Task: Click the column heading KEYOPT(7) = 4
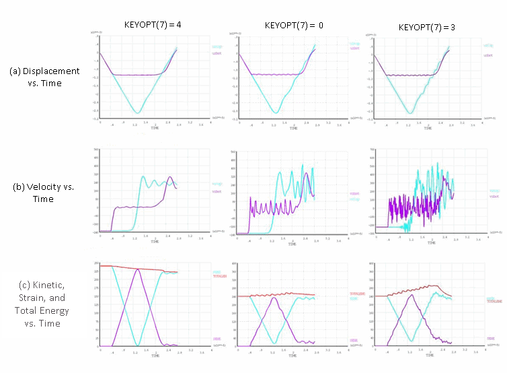click(153, 24)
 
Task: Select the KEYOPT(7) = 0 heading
click(294, 25)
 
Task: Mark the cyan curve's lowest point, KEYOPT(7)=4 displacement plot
click(137, 113)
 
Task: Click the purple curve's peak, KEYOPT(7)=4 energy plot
click(137, 269)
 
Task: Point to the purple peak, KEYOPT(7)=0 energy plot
click(275, 297)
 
